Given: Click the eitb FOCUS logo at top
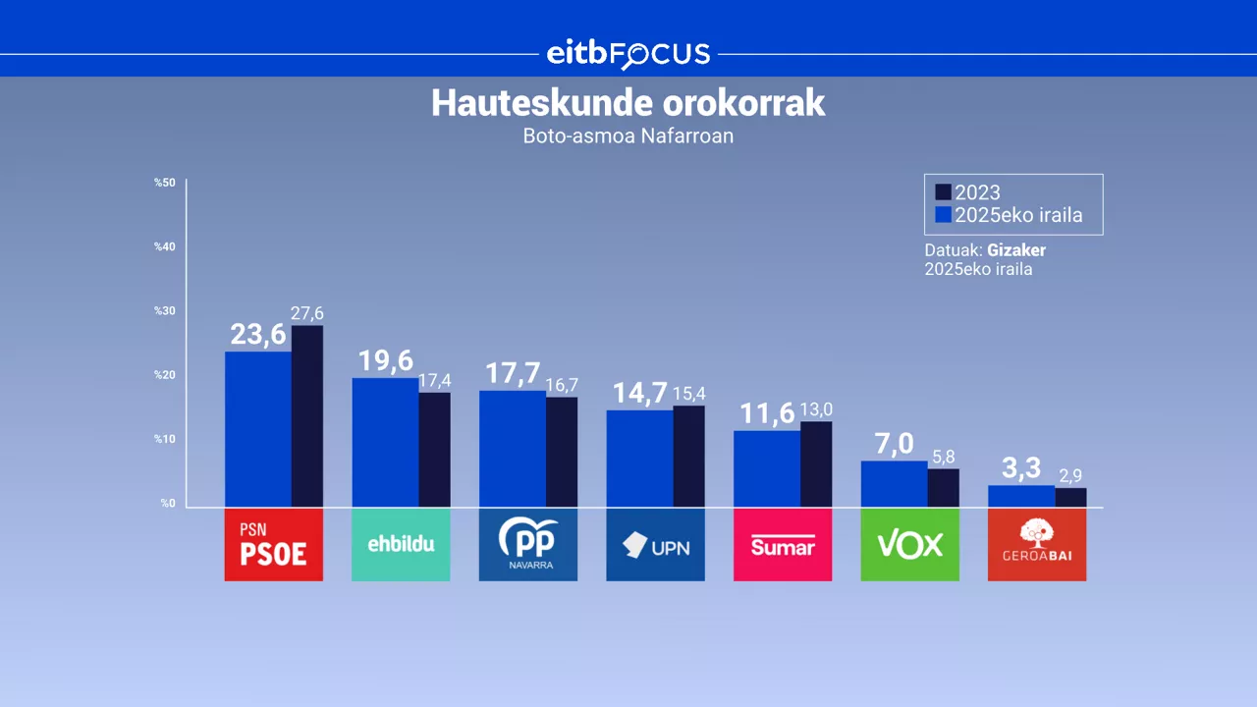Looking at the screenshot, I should click(x=628, y=54).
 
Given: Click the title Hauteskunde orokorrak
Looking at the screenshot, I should click(x=628, y=104).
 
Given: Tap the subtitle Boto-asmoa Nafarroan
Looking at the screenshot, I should click(x=628, y=136).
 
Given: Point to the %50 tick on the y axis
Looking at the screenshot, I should click(x=165, y=183).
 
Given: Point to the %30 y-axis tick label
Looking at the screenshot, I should click(x=165, y=311).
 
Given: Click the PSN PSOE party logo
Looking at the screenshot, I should click(x=273, y=545).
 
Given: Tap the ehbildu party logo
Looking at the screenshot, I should click(x=401, y=545).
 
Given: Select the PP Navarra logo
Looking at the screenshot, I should click(x=527, y=545).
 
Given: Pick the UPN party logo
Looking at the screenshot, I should click(x=655, y=545).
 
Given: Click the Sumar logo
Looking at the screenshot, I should click(x=783, y=545).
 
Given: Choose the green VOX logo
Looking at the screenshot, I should click(x=909, y=545).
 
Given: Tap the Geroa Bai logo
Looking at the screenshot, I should click(x=1037, y=545).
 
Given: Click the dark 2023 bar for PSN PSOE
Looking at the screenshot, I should click(x=307, y=416).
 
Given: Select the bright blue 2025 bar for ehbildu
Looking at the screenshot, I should click(x=385, y=442).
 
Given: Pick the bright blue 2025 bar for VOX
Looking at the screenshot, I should click(x=894, y=484).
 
